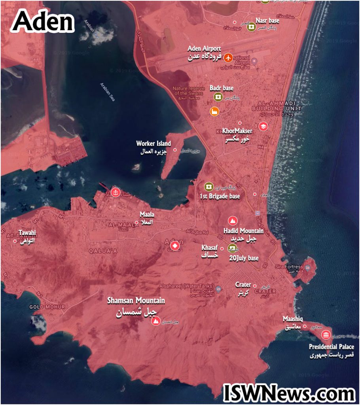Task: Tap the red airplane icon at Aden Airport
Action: coord(228,57)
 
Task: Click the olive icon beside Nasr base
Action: coord(251,27)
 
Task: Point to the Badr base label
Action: coord(222,88)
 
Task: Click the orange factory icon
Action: coord(214,112)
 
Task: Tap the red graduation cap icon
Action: coord(263,126)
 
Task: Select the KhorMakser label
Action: coord(237,131)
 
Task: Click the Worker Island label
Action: coord(153,144)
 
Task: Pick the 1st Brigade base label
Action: coord(220,196)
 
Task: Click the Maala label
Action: coord(147,215)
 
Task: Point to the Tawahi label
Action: coord(27,233)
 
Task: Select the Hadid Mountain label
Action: coord(243,231)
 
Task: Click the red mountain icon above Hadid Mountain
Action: coord(232,221)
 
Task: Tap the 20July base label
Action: coord(244,258)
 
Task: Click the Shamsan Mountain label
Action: coord(136,301)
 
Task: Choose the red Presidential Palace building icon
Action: coord(326,335)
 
